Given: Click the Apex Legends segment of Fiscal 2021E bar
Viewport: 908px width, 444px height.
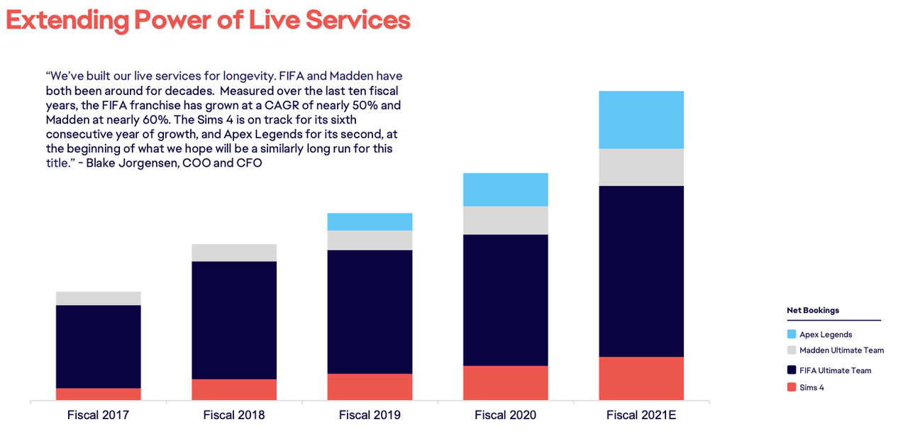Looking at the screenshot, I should click(641, 119).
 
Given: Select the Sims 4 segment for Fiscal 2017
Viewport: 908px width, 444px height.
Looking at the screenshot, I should click(98, 394).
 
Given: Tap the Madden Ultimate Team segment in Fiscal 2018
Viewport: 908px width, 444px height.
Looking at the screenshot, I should click(234, 252).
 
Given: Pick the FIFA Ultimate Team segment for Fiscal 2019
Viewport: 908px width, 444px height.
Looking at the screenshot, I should click(370, 311).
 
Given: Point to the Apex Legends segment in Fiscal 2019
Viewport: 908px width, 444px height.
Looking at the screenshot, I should click(370, 221).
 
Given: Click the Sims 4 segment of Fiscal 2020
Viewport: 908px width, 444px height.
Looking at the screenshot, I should click(505, 383).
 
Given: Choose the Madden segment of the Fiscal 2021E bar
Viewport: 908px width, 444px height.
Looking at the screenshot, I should click(641, 167).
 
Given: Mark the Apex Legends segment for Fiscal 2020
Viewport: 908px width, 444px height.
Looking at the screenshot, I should click(505, 189).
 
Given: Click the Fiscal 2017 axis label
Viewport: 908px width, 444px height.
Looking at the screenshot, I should click(98, 415).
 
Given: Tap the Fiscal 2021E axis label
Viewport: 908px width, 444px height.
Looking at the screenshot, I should click(641, 415).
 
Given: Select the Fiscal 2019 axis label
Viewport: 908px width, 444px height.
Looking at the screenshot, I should click(370, 415).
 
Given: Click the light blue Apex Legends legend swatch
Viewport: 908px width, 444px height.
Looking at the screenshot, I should click(792, 334).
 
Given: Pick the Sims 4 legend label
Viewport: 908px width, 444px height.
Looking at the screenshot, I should click(812, 387).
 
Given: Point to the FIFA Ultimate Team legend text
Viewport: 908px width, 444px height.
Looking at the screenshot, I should click(835, 370).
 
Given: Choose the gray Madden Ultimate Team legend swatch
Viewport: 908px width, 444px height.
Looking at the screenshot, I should click(792, 350).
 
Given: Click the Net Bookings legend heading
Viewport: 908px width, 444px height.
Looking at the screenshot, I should click(813, 311).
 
